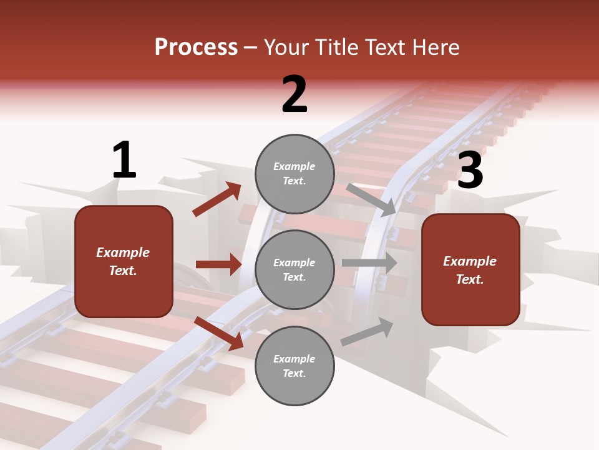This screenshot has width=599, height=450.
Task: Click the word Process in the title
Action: click(196, 47)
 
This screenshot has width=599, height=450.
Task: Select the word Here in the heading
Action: click(433, 47)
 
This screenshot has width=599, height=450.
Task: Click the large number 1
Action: click(124, 161)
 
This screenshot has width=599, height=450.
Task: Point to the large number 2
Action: click(295, 94)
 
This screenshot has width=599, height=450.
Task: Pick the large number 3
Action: click(470, 170)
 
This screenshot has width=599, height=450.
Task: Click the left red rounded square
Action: click(124, 261)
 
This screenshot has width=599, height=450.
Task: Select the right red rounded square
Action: click(470, 269)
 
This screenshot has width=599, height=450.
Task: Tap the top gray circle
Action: click(295, 174)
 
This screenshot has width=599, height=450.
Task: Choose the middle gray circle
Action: click(295, 269)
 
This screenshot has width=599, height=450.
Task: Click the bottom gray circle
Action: click(295, 366)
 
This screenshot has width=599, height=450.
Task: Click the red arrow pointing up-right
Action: click(217, 199)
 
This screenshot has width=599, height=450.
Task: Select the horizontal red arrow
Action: click(218, 264)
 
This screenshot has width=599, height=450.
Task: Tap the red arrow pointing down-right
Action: click(219, 333)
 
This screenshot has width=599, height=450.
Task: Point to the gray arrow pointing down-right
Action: click(371, 199)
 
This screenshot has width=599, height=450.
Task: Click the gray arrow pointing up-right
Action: click(367, 332)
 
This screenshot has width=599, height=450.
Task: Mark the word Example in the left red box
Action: click(123, 252)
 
